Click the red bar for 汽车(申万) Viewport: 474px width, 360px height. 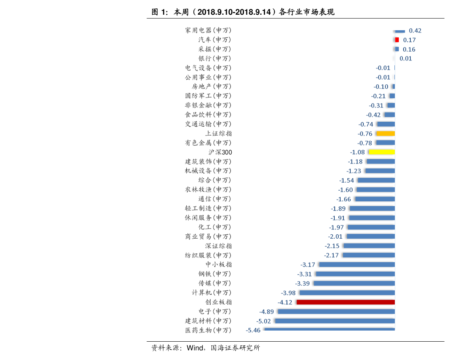tap(397, 40)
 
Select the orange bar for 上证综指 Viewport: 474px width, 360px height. tap(385, 134)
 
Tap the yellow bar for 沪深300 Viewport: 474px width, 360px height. tap(382, 152)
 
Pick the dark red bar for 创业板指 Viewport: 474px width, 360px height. tap(346, 302)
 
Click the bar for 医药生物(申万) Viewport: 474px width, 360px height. tap(330, 329)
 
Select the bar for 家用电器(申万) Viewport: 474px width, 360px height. tap(400, 31)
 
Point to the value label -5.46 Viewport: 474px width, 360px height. tap(253, 331)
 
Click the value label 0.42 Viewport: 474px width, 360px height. tap(415, 31)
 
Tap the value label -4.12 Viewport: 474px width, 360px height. tap(285, 302)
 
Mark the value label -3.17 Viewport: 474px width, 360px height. tap(308, 265)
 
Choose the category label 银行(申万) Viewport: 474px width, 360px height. tap(215, 58)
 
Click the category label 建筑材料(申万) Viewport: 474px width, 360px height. tap(208, 321)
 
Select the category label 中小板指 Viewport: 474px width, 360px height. tap(218, 265)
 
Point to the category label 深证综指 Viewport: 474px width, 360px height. tap(218, 246)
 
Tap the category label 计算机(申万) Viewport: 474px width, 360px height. tap(211, 293)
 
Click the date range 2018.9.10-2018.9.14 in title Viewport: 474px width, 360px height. tap(234, 12)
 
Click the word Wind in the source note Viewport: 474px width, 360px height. tap(195, 348)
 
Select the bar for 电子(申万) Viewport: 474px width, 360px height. tap(336, 311)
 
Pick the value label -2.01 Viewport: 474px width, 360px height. tap(335, 237)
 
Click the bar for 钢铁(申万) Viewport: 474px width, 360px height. tap(355, 274)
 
